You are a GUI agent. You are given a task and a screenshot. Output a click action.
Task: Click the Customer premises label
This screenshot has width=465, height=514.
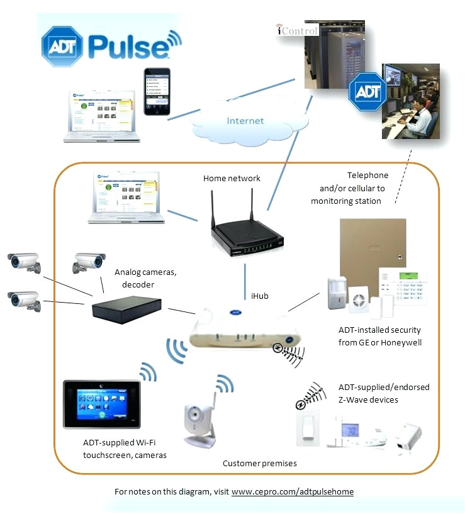tap(259, 463)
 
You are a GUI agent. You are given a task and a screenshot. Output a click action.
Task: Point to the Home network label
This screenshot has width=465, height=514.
tap(232, 178)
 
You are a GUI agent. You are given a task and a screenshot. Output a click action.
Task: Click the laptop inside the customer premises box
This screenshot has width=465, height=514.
tap(126, 199)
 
